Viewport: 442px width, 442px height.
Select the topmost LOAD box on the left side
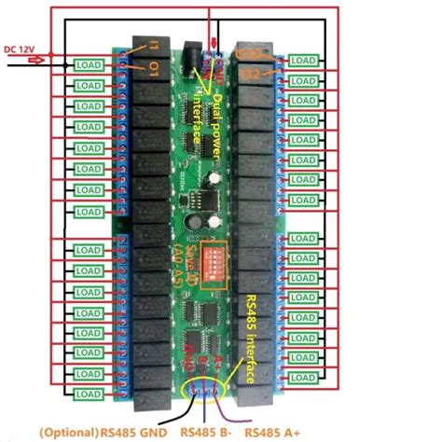[x=88, y=64]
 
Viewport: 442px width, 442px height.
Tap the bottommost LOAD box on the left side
[x=88, y=394]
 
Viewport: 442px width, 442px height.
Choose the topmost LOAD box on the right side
[x=302, y=60]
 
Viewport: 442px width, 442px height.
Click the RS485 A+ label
[x=275, y=433]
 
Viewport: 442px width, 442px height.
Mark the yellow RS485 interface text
[x=249, y=340]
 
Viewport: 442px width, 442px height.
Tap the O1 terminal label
[x=154, y=67]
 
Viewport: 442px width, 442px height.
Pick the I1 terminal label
[x=155, y=46]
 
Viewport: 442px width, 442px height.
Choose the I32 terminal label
[x=251, y=72]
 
